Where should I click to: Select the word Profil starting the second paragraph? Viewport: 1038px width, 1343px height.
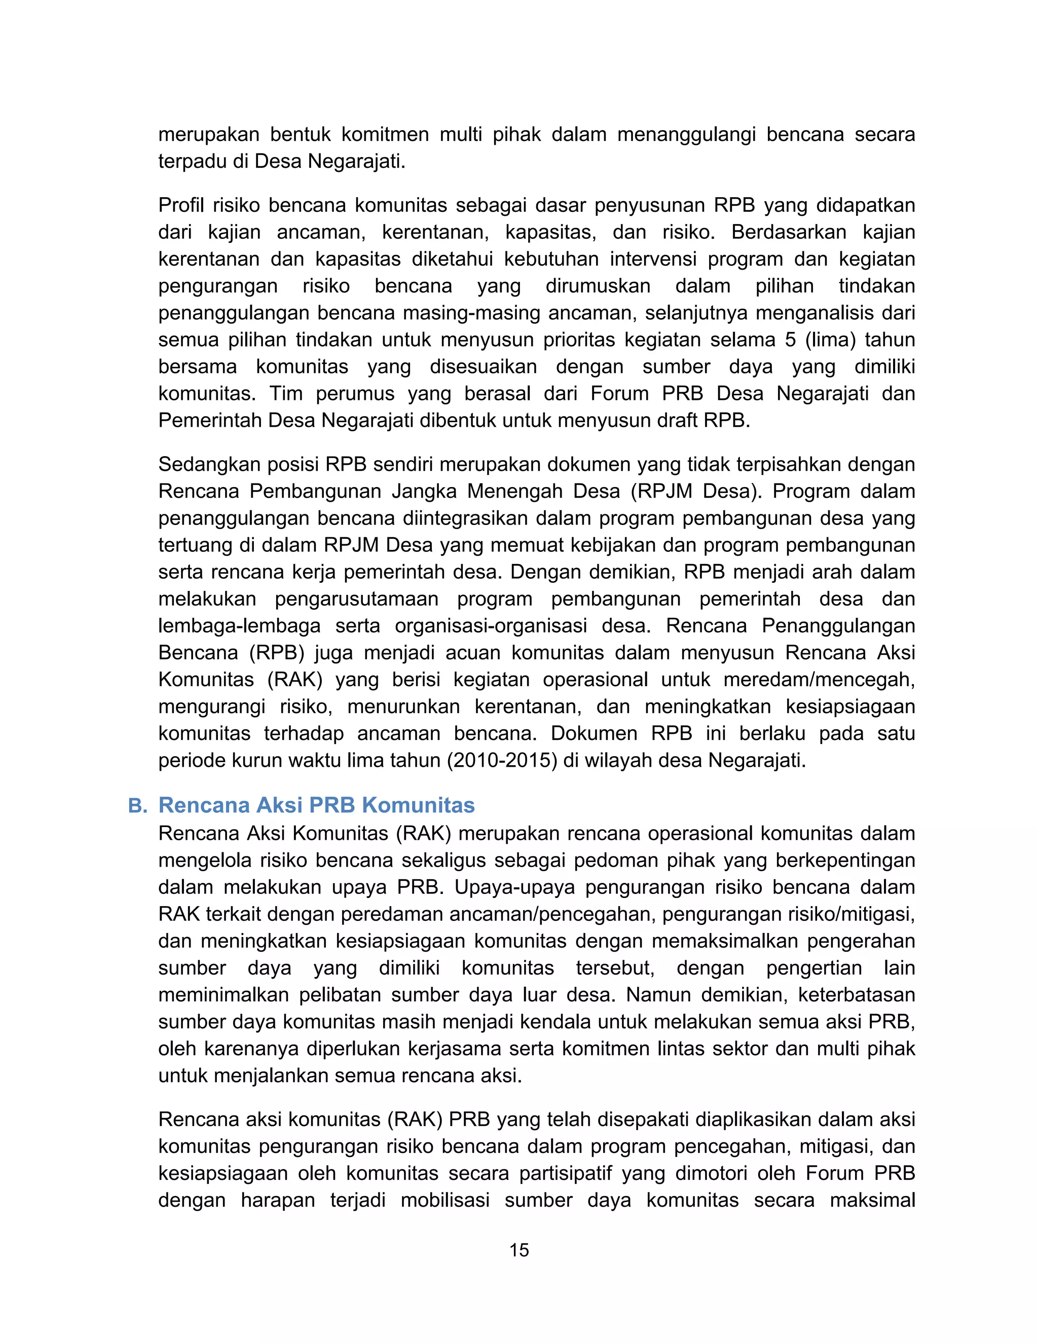tap(180, 205)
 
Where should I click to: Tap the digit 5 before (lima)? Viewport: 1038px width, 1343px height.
tap(791, 340)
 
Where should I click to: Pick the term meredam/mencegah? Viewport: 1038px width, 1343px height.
tap(819, 680)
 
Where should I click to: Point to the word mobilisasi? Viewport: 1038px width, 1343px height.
tap(445, 1200)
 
